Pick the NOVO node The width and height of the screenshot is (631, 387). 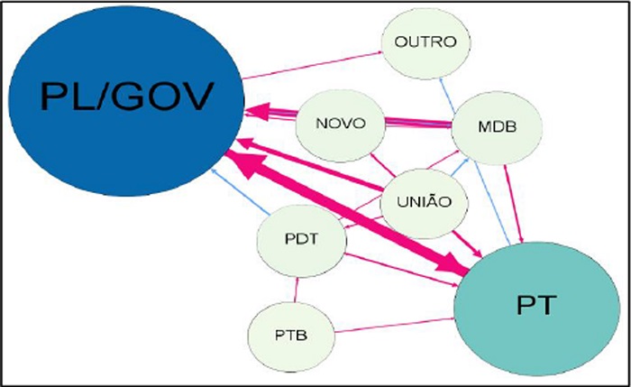click(342, 123)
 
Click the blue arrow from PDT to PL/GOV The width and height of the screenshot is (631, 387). click(240, 192)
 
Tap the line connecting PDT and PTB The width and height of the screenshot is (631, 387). click(296, 289)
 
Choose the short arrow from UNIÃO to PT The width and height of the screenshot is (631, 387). click(466, 241)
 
